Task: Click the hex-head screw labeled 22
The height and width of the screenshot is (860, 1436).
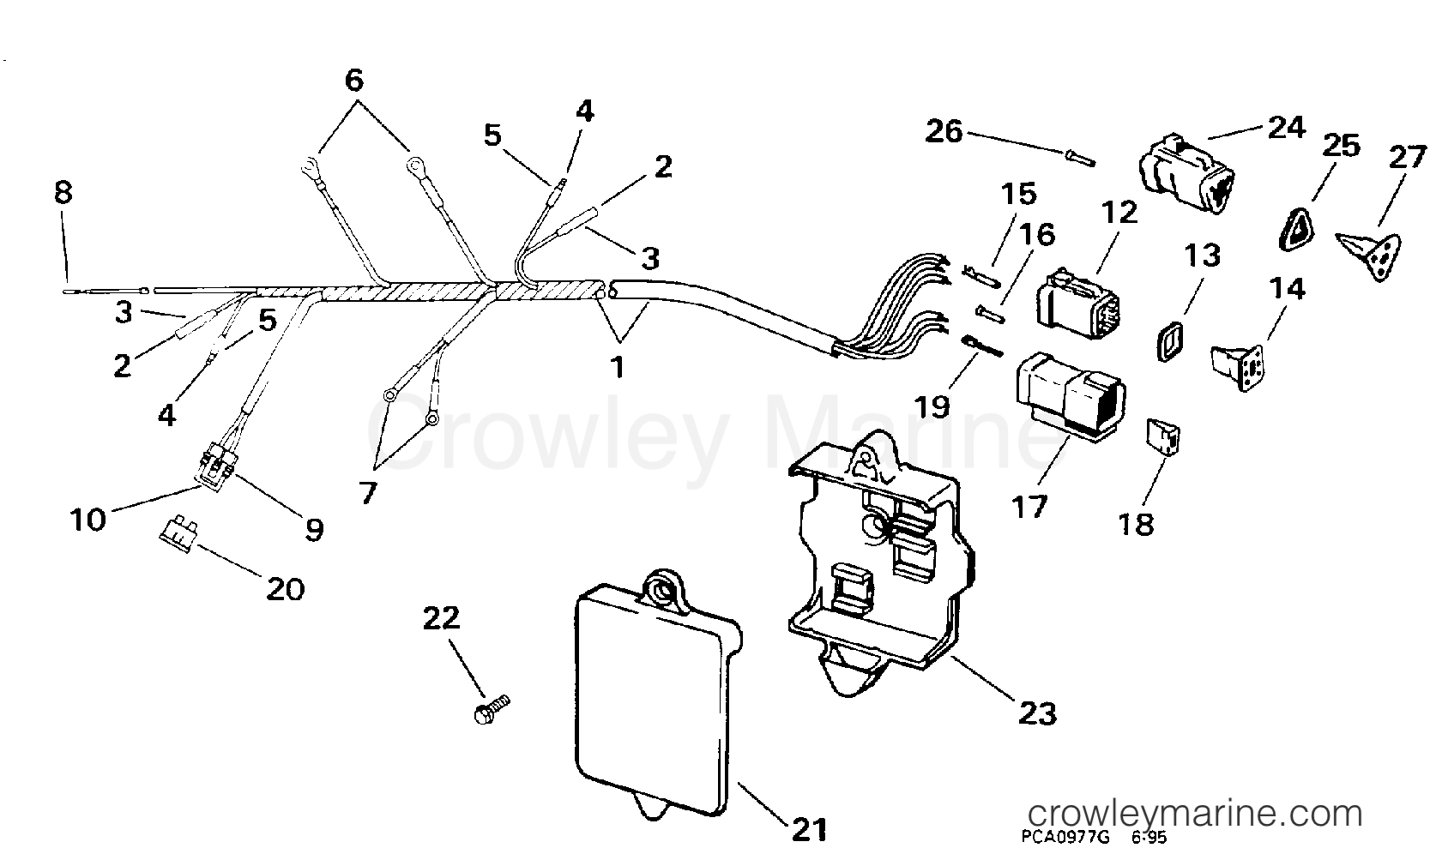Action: coord(492,709)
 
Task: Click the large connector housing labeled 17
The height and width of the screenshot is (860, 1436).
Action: coord(1071,397)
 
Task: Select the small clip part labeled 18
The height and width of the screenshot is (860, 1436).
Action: coord(1163,437)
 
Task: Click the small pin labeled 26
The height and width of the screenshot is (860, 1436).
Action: coord(1081,158)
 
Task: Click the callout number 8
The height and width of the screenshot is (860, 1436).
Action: coord(63,191)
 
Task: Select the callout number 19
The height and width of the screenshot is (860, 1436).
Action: coord(932,406)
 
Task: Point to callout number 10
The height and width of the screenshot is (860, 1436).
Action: coord(87,520)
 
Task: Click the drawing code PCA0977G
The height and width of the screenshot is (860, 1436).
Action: coord(1067,837)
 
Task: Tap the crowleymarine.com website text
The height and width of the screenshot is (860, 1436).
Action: coord(1194,814)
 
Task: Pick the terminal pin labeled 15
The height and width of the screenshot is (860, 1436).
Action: coord(981,276)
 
